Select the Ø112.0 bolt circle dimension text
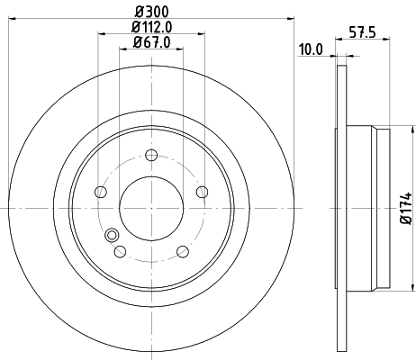(x=151, y=26)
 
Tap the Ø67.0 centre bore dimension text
(x=151, y=42)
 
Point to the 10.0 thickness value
(x=311, y=49)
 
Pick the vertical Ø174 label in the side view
(x=406, y=207)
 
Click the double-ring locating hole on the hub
(x=113, y=236)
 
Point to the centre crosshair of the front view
(x=150, y=206)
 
